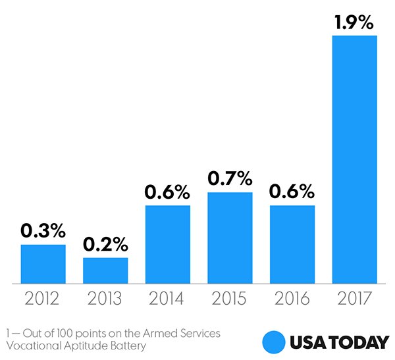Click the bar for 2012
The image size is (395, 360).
[x=43, y=264]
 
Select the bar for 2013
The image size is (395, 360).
[x=105, y=270]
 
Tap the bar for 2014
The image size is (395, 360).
[x=168, y=244]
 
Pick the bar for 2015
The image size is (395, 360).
[x=230, y=238]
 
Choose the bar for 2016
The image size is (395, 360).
[x=292, y=244]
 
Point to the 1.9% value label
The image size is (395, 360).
[x=355, y=22]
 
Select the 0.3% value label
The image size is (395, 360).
[x=43, y=231]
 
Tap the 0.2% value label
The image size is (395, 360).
[x=105, y=244]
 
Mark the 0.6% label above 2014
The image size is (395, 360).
[x=168, y=192]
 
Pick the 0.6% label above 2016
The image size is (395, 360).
[x=292, y=192]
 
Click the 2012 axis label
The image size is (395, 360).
[x=43, y=299]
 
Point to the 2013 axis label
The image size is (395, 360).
[x=105, y=299]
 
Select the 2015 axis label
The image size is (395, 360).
[x=230, y=299]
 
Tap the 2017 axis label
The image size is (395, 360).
[x=355, y=299]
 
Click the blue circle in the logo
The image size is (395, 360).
[x=273, y=342]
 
